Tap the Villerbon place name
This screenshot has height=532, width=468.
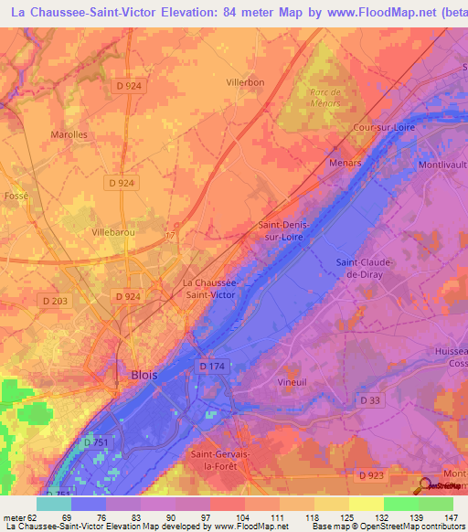coord(245,82)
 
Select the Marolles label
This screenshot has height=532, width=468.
coord(69,134)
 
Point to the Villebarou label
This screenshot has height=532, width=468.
coord(113,233)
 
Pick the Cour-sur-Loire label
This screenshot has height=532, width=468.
coord(385,128)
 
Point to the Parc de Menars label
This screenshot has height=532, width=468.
coord(324,98)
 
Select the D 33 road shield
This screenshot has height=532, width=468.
coord(370,400)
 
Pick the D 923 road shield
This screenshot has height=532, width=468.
coord(371,475)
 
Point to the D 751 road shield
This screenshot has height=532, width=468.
coord(96,442)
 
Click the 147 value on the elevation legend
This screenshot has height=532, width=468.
coord(452,518)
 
